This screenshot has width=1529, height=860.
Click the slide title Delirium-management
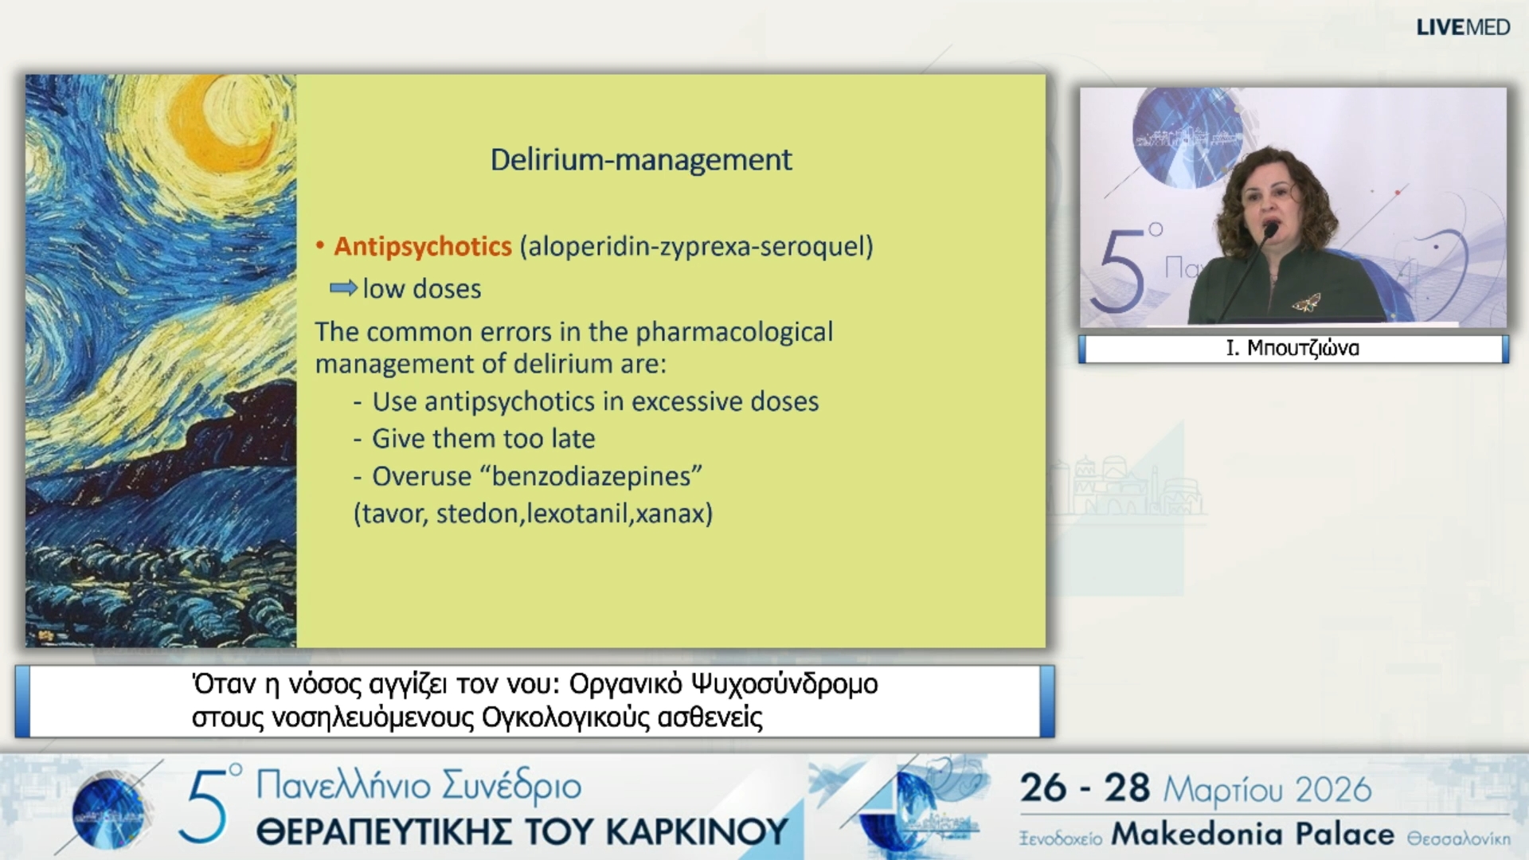[640, 160]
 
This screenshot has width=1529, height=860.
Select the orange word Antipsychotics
[422, 247]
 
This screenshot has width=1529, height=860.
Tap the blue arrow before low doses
[343, 287]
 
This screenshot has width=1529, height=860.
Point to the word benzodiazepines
[596, 476]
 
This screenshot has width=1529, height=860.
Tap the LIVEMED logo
[1462, 28]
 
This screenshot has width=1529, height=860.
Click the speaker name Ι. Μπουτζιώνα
[1292, 349]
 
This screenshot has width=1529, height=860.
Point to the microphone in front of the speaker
[1270, 230]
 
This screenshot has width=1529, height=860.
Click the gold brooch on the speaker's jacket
[1306, 302]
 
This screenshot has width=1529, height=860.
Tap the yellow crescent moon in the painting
[219, 127]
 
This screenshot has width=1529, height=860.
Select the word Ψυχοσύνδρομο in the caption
[784, 684]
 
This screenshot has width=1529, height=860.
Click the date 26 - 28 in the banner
[1085, 788]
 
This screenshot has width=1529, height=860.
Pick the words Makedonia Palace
[1252, 835]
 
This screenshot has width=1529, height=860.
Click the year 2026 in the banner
[1333, 789]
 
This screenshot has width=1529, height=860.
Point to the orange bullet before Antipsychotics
[320, 247]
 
